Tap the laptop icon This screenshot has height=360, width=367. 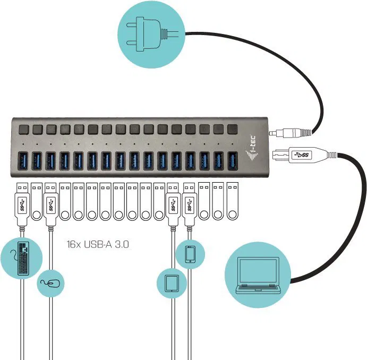coord(257,275)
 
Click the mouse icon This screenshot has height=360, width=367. coord(51,283)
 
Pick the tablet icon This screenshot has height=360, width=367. coord(171,282)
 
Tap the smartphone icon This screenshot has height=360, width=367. coord(190,254)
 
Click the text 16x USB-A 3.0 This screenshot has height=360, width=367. coord(98,245)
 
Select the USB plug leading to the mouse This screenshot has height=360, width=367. coord(50,203)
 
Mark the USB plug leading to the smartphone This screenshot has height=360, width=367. coord(189,203)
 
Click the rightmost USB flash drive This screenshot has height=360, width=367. coord(232,202)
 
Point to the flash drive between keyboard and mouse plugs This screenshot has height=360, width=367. coord(37,202)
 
